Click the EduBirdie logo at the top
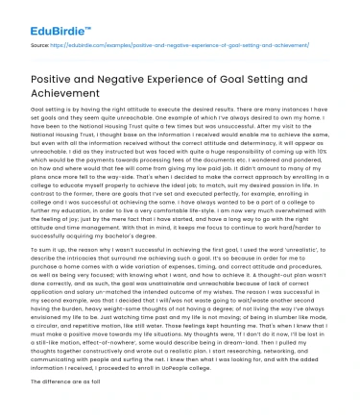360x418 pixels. [x=42, y=17]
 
